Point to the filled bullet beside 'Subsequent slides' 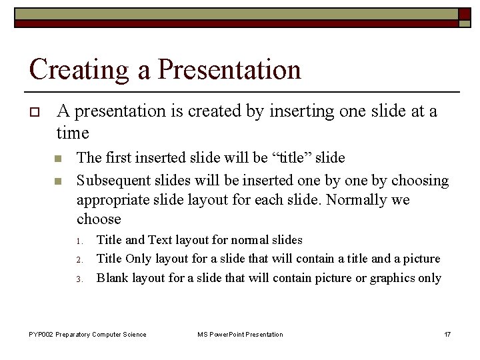click(58, 181)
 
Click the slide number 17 click(447, 334)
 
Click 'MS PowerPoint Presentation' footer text click(240, 334)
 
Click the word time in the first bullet click(73, 133)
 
